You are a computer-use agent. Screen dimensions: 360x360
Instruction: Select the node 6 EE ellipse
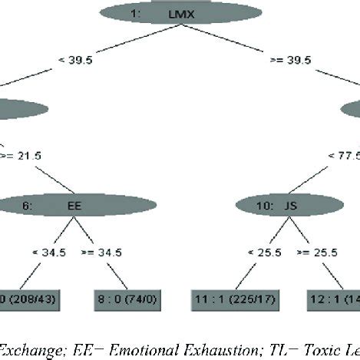[77, 205]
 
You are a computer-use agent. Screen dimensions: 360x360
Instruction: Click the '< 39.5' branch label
[77, 59]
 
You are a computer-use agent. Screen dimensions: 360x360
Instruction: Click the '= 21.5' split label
[23, 156]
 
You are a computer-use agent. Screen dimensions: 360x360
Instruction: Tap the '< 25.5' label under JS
[257, 252]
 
